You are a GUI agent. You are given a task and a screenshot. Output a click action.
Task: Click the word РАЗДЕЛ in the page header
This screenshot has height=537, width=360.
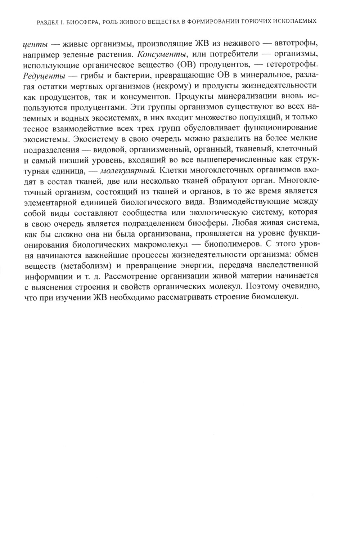point(48,22)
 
